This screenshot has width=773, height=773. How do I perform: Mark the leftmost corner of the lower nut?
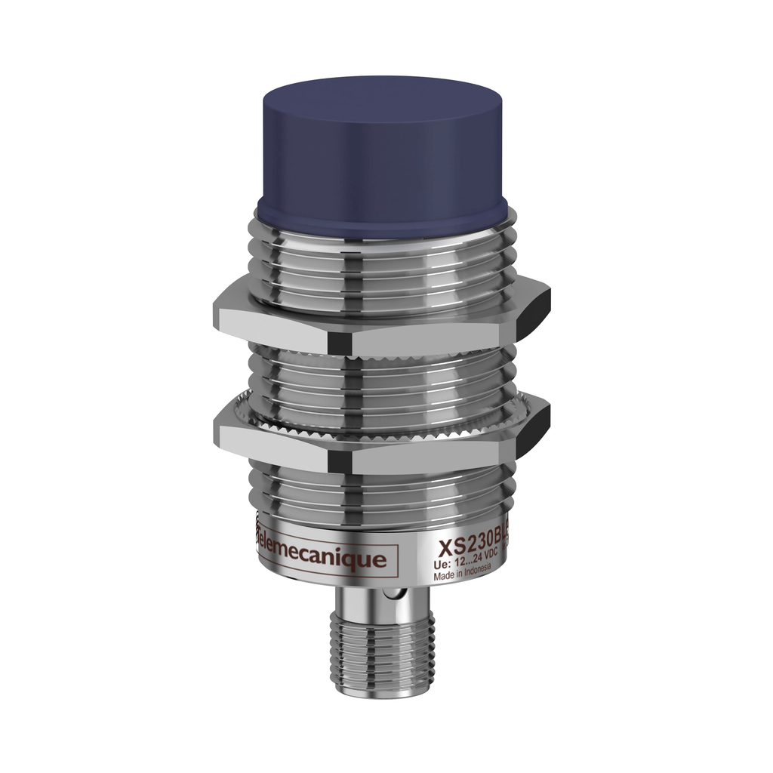tap(216, 430)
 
